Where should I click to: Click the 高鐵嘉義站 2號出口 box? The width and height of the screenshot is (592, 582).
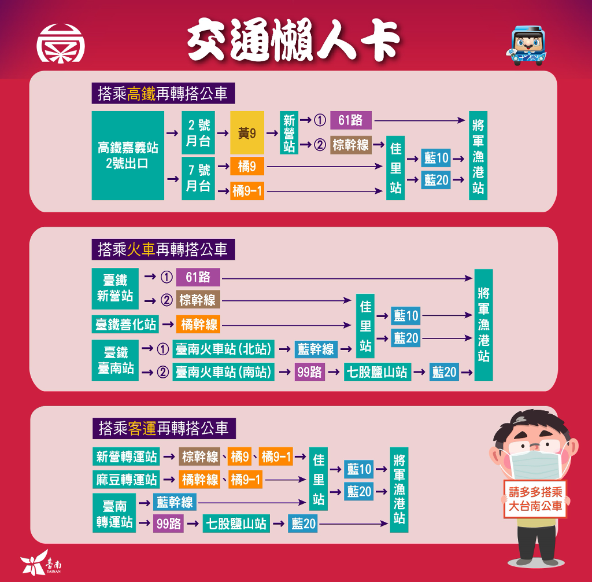[x=128, y=156]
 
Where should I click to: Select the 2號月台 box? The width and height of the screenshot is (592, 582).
[x=198, y=132]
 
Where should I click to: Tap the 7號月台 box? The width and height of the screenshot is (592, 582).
[x=198, y=178]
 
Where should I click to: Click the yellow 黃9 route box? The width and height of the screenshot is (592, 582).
[x=247, y=133]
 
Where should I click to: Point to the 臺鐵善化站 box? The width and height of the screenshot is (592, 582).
[x=126, y=324]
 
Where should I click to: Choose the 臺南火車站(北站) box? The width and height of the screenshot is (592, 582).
[x=223, y=349]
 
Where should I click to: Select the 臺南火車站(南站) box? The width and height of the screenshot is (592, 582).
[x=223, y=372]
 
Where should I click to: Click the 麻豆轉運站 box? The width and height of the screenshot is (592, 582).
[x=127, y=480]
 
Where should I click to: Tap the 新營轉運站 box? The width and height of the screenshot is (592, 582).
[x=127, y=456]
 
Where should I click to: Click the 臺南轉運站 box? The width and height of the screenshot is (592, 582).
[x=114, y=513]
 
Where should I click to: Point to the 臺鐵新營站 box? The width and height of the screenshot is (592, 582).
[x=114, y=288]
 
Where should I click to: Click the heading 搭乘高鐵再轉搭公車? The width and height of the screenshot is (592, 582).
[x=163, y=94]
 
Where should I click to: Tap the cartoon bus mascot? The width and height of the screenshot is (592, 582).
[x=528, y=45]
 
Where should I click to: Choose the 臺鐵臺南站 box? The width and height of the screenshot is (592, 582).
[x=114, y=360]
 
